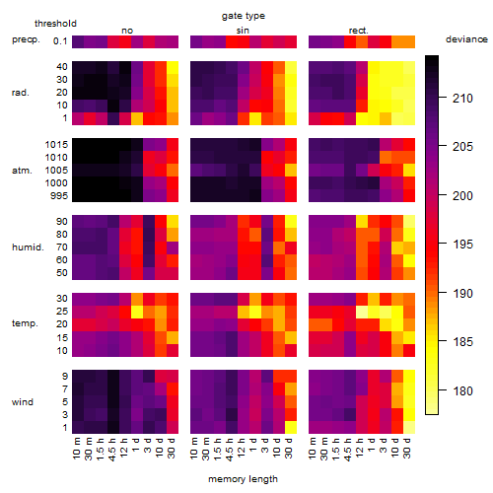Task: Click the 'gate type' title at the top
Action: point(244,16)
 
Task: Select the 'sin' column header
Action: point(243,31)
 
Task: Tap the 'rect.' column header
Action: point(358,31)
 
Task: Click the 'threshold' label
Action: point(55,24)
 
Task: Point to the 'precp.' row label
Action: point(26,39)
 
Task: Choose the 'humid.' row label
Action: point(28,247)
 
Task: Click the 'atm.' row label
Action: point(22,171)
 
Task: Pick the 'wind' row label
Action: point(23,401)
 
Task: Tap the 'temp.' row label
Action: point(25,323)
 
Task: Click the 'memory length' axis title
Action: point(243,479)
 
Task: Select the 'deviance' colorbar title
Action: point(466,39)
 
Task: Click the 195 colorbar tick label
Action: point(462,245)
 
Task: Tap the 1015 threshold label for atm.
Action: point(56,145)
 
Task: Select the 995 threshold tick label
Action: point(59,196)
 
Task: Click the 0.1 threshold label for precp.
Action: point(60,41)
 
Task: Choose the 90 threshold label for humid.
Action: point(62,222)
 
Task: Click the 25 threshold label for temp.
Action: point(62,312)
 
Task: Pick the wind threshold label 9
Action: point(65,376)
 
